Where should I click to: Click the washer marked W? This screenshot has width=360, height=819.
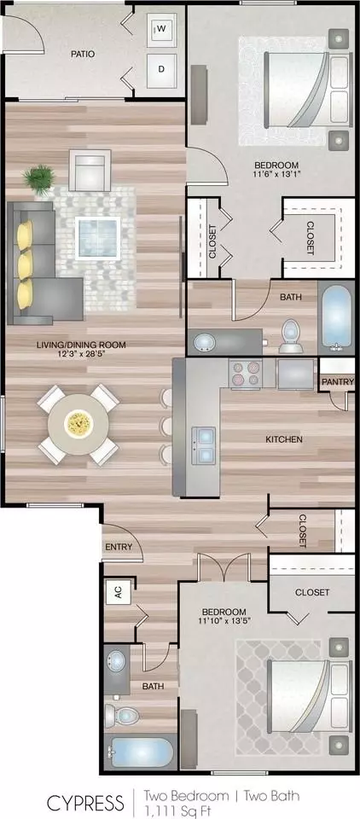click(x=161, y=29)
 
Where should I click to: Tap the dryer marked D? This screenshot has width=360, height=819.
click(x=161, y=69)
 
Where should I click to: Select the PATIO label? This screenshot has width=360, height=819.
click(x=83, y=54)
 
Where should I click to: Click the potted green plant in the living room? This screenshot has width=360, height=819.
click(x=38, y=180)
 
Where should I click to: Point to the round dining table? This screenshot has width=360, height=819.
click(x=78, y=424)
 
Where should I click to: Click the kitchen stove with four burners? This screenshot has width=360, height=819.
click(x=245, y=373)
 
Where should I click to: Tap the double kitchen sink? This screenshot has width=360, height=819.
click(x=204, y=445)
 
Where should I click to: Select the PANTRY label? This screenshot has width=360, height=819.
click(x=338, y=382)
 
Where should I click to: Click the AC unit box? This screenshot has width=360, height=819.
click(x=118, y=593)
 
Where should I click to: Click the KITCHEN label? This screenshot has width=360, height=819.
click(x=284, y=439)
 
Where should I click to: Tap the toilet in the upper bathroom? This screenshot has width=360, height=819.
click(x=291, y=336)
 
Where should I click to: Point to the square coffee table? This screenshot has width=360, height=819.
click(x=98, y=238)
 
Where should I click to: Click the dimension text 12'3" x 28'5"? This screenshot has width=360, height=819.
click(x=81, y=353)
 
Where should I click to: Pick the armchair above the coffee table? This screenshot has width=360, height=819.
click(x=90, y=170)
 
